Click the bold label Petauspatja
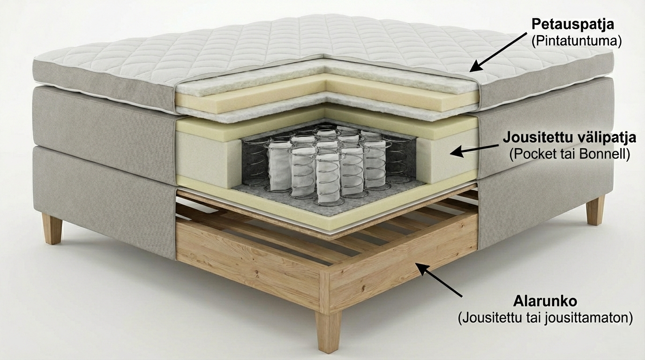573,24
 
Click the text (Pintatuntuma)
577,41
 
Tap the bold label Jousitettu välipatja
569,138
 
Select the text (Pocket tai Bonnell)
569,154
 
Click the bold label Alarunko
544,300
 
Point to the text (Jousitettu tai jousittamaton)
545,317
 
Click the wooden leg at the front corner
328,330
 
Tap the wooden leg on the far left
52,228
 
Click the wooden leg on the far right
595,210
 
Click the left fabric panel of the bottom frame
103,197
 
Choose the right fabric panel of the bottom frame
544,202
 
